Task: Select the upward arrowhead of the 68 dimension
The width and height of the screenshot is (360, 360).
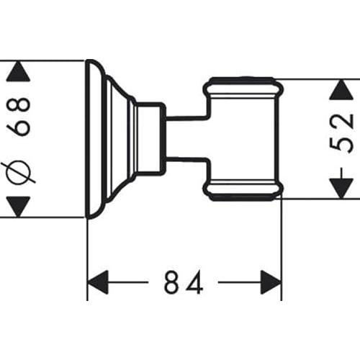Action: [18, 71]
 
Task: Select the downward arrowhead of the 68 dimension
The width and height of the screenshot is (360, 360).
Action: [18, 207]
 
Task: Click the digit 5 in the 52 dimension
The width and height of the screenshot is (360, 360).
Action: [341, 143]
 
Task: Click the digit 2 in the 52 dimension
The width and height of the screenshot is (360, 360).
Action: [341, 121]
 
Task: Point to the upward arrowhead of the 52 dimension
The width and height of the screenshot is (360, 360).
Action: [341, 89]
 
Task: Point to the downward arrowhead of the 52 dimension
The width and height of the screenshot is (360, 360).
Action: [341, 189]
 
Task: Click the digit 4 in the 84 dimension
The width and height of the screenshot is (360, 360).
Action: [194, 282]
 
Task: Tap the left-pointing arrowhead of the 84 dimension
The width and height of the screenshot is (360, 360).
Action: [98, 282]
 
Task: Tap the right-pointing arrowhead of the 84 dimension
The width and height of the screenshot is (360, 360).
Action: [271, 282]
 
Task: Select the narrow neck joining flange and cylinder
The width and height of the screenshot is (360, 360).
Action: [186, 138]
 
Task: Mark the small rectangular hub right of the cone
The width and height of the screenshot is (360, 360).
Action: [150, 138]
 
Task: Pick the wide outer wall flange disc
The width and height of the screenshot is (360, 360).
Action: [94, 139]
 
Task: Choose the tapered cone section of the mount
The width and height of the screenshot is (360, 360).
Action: [120, 139]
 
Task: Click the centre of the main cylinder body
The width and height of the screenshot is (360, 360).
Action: [243, 139]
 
